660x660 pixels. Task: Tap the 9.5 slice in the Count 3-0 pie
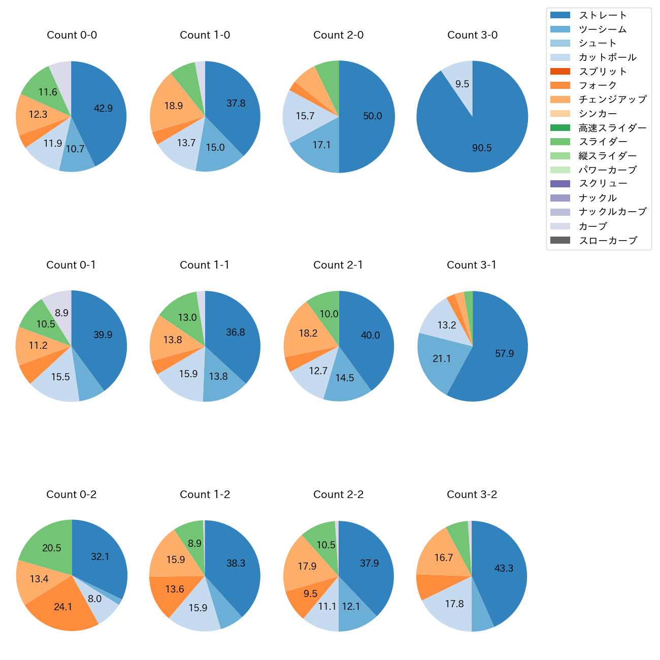coord(461,84)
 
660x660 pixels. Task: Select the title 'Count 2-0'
coord(338,35)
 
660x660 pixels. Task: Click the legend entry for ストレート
coord(603,15)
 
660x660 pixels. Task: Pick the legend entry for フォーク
coord(598,85)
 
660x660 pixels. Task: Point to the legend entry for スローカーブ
coord(608,241)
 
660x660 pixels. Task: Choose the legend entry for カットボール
coord(607,57)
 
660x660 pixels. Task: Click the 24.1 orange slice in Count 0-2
coord(63,607)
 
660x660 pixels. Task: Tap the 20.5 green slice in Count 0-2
coord(51,548)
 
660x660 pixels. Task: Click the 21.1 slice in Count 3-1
coord(441,358)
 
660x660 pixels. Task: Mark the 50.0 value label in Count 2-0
coord(372,116)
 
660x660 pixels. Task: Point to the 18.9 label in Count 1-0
coord(174,106)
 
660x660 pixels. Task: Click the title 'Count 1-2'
coord(205,494)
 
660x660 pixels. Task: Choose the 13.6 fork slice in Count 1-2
coord(174,589)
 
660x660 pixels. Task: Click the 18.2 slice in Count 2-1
coord(307,333)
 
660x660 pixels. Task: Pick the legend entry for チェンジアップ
coord(612,100)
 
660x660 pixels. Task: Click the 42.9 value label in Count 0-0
coord(103,108)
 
